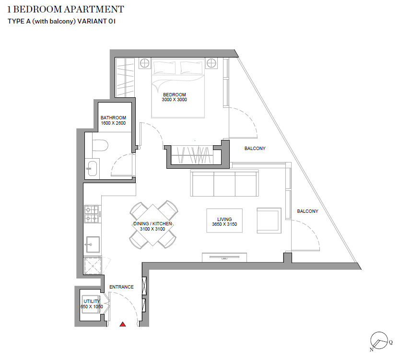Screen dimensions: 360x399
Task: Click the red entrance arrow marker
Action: click(x=123, y=325)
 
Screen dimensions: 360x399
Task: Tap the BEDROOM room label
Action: click(x=174, y=94)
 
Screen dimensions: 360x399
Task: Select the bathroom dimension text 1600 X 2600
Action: click(x=113, y=123)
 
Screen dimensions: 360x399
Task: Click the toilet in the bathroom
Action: click(x=100, y=145)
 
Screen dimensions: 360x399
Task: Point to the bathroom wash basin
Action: click(x=92, y=168)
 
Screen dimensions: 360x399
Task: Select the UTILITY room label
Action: click(x=92, y=301)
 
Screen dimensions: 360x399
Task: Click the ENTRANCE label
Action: click(x=121, y=287)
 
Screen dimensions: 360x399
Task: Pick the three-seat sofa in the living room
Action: click(x=223, y=183)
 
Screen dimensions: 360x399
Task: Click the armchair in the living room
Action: click(x=269, y=221)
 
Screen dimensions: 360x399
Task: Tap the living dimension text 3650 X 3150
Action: click(x=224, y=224)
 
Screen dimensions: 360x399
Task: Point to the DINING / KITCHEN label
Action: click(x=153, y=224)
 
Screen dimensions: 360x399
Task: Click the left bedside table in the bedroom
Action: click(x=144, y=63)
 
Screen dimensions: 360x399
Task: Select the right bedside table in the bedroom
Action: click(x=212, y=63)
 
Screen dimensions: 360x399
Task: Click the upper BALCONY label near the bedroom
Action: click(x=255, y=149)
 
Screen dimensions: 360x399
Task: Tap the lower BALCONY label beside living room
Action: click(x=307, y=211)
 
